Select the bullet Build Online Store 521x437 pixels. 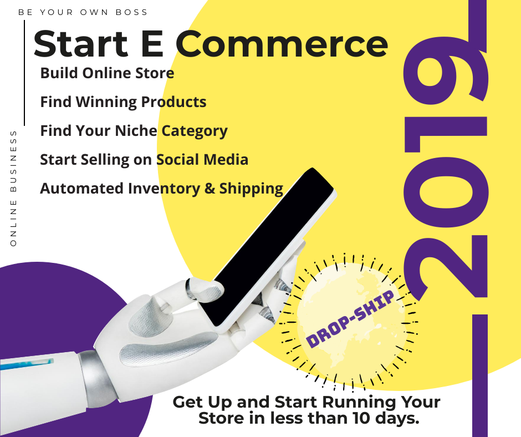107,73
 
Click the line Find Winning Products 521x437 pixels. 123,102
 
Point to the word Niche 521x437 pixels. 136,131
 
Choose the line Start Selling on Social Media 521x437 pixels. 144,160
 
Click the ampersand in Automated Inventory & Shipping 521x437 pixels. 210,189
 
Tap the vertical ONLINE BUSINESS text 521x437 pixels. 14,189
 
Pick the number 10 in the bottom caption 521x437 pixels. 355,419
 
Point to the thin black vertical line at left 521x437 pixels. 24,72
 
